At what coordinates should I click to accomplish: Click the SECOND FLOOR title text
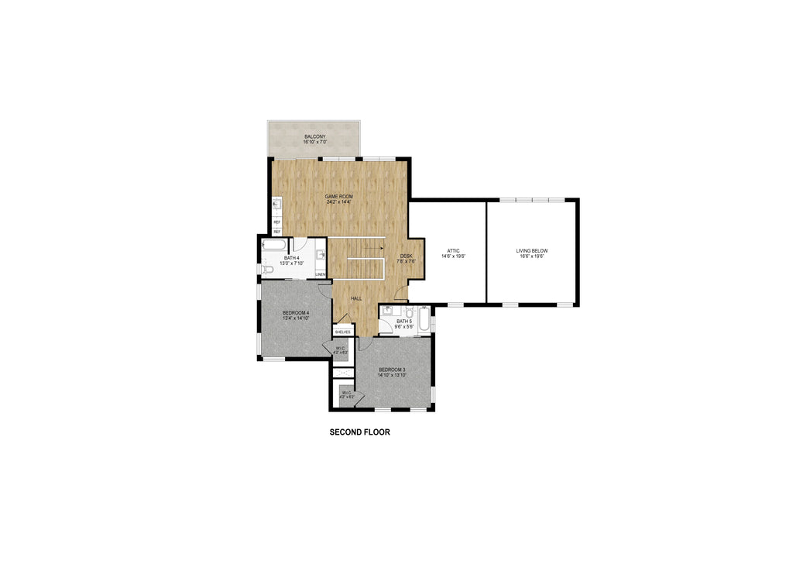tap(359, 432)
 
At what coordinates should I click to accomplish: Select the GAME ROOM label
tap(338, 197)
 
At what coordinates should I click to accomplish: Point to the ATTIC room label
tap(454, 250)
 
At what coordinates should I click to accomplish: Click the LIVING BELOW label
tap(532, 250)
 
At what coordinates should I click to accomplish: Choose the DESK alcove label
tap(406, 256)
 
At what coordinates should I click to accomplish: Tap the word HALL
tap(356, 298)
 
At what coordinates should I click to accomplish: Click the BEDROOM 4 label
tap(296, 312)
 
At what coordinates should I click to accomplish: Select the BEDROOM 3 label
tap(392, 369)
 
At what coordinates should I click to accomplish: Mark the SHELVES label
tap(342, 332)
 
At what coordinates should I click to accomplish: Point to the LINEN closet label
tap(320, 274)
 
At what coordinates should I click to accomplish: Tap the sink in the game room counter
tap(276, 205)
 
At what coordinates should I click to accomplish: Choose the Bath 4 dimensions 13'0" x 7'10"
tap(291, 263)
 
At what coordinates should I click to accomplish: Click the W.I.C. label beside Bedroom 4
tap(341, 349)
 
